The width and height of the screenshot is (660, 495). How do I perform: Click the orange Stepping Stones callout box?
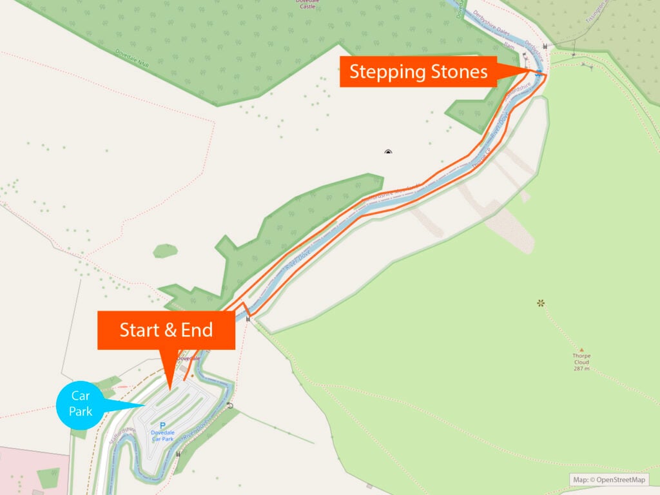pos(418,72)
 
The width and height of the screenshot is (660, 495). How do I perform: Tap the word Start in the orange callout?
pos(139,330)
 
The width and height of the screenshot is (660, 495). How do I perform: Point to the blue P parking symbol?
pos(162,425)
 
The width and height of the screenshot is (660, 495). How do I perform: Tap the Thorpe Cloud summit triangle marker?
pos(581,349)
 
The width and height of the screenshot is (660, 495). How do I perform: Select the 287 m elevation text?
pos(581,369)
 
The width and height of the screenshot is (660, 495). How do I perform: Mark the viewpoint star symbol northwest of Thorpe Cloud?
pos(541,302)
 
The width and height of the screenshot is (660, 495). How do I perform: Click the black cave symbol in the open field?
pos(388,152)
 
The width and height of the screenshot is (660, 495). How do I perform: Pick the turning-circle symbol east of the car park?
pos(231,406)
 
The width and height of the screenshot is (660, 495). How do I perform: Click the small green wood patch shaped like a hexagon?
pos(166,251)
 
